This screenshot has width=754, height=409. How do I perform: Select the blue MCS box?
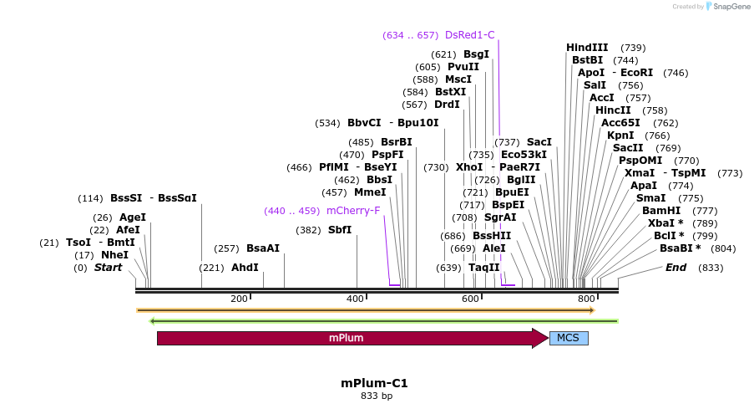point(569,338)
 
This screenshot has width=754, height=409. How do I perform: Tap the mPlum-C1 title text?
point(374,383)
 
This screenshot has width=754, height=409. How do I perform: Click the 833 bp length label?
point(376,396)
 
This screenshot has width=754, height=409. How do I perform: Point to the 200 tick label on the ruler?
point(239,299)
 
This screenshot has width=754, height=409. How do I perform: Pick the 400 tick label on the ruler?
point(357,299)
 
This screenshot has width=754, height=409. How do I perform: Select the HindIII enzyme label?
point(587,48)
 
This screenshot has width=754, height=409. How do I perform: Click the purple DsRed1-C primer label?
point(470,35)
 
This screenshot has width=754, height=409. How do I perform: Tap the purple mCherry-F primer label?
point(353,211)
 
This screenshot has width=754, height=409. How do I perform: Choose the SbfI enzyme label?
point(340,230)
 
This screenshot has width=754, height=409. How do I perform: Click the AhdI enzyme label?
point(245,268)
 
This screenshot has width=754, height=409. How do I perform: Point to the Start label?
point(108,268)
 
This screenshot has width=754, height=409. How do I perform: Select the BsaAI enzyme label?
point(263,248)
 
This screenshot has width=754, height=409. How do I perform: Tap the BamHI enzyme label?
point(661,211)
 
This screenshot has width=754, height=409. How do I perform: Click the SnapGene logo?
point(726,7)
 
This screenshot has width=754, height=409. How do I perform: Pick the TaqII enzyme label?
point(483,268)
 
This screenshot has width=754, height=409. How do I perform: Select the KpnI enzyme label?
point(620,135)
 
